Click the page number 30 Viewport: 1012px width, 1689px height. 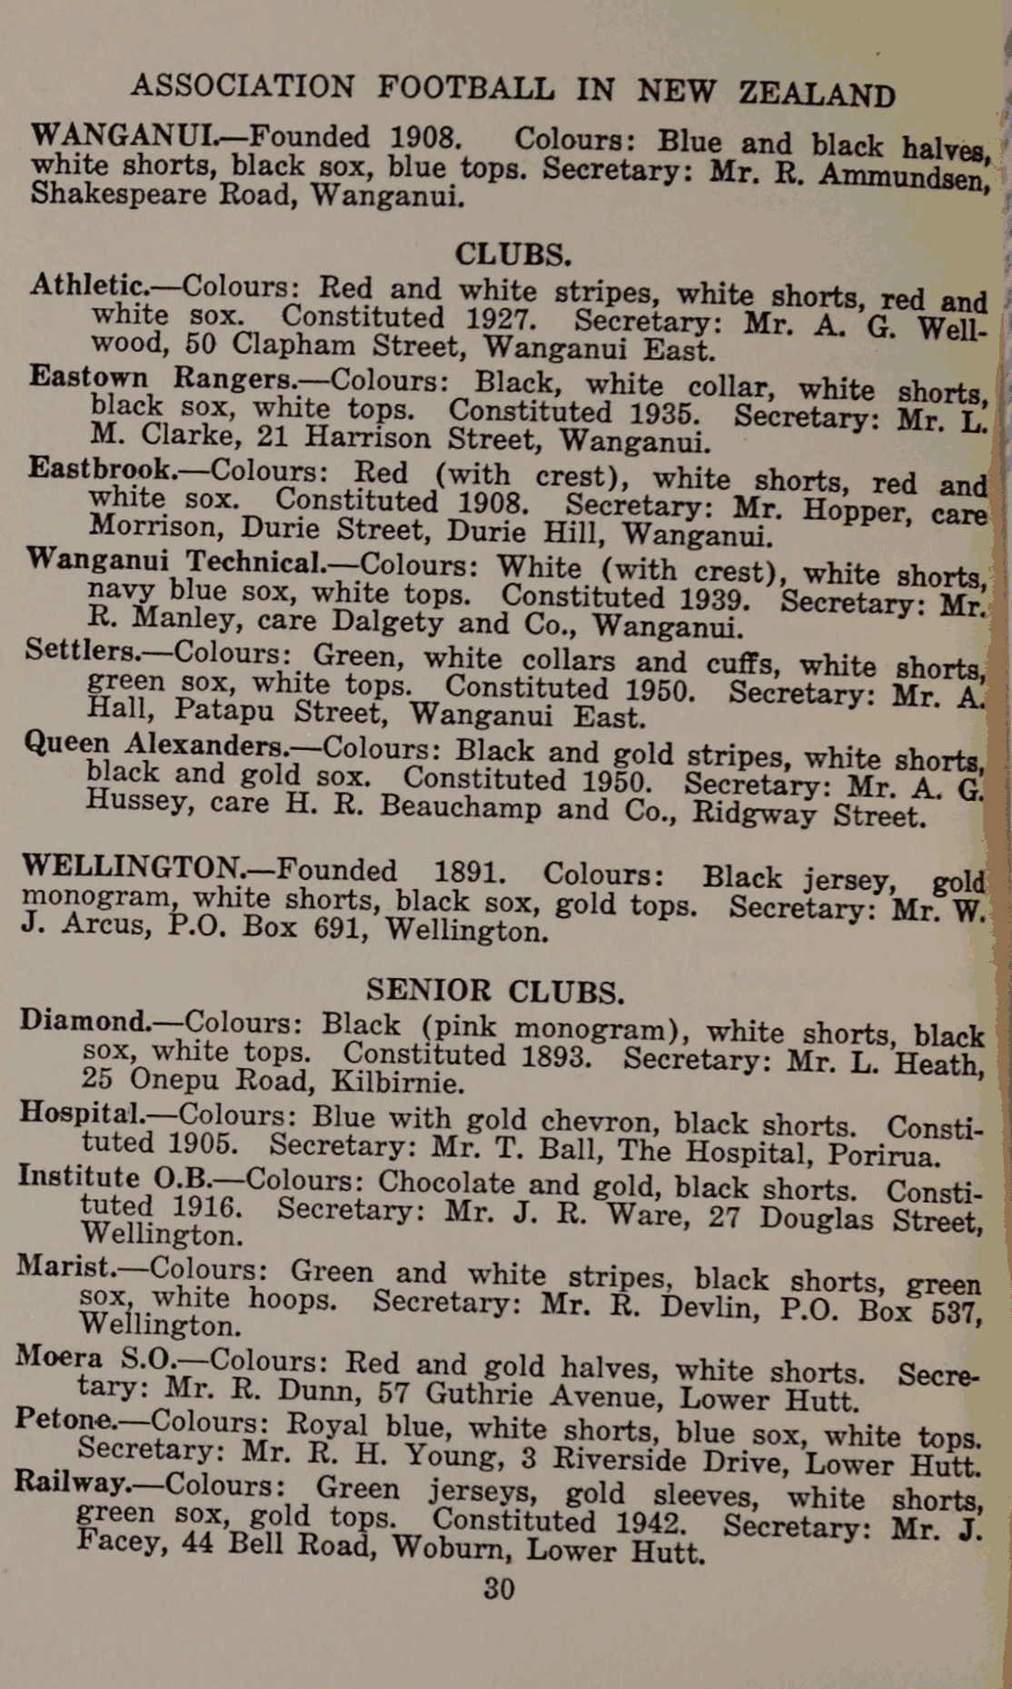[499, 1588]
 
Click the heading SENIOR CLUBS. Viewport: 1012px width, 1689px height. [495, 990]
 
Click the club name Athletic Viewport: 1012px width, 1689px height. [88, 285]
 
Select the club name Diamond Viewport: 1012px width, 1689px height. [85, 1020]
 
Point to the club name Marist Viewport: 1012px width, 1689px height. [65, 1264]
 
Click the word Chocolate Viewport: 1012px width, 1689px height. [446, 1183]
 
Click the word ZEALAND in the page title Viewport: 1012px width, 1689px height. [817, 94]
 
